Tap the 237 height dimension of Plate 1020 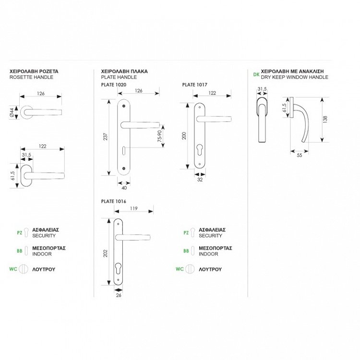tap(106, 136)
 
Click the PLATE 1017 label tap(194, 84)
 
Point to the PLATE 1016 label tap(113, 201)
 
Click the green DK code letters tap(256, 74)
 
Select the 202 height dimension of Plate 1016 tap(107, 253)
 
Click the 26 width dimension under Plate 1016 tap(118, 296)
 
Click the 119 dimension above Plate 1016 tap(135, 208)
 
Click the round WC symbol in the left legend tap(21, 269)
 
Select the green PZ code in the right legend tap(186, 233)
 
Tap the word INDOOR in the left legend tap(42, 254)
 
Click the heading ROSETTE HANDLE tap(31, 77)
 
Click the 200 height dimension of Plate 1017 tap(183, 136)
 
